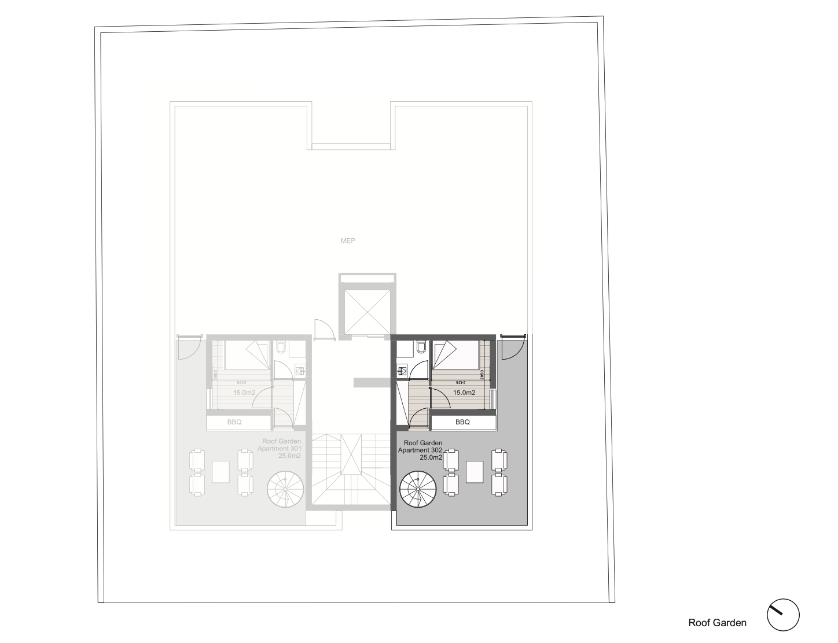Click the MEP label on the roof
click(x=347, y=241)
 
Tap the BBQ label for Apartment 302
click(x=462, y=422)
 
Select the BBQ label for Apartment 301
click(x=234, y=422)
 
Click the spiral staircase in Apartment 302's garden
click(x=418, y=489)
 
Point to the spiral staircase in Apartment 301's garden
click(x=285, y=489)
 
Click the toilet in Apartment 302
click(x=421, y=347)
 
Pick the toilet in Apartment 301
click(x=282, y=347)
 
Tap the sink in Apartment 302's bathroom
click(x=400, y=371)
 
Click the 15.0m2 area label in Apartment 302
click(x=464, y=393)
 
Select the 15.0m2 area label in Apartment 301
click(x=244, y=393)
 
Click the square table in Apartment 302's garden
click(x=475, y=471)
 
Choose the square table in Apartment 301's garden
click(x=221, y=471)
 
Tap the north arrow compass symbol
click(x=783, y=614)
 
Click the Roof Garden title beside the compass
click(x=717, y=623)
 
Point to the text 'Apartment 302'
click(x=420, y=450)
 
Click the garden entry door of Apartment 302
click(x=510, y=347)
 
